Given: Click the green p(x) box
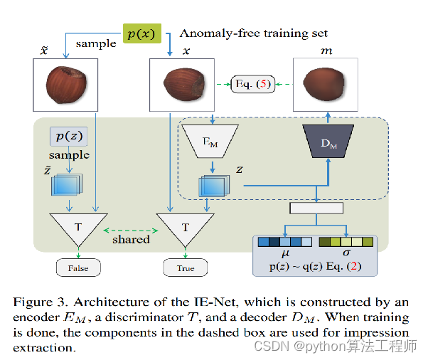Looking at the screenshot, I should [x=141, y=33].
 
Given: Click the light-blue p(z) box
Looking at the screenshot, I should [x=69, y=136].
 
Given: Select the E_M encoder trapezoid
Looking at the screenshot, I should [x=206, y=139].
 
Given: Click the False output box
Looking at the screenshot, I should [x=78, y=268].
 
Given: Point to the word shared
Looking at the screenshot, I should [x=131, y=240].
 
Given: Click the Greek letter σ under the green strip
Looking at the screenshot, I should [x=346, y=252].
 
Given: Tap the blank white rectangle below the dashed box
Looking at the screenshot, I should [x=316, y=208].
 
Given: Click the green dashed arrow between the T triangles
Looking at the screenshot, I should [x=131, y=229].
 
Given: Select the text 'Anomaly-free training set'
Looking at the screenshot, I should [x=254, y=33].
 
